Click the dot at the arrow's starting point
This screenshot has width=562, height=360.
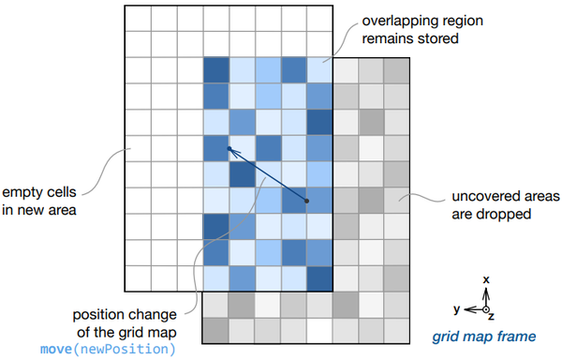click(x=305, y=202)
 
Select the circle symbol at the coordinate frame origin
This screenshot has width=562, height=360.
click(x=486, y=308)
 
